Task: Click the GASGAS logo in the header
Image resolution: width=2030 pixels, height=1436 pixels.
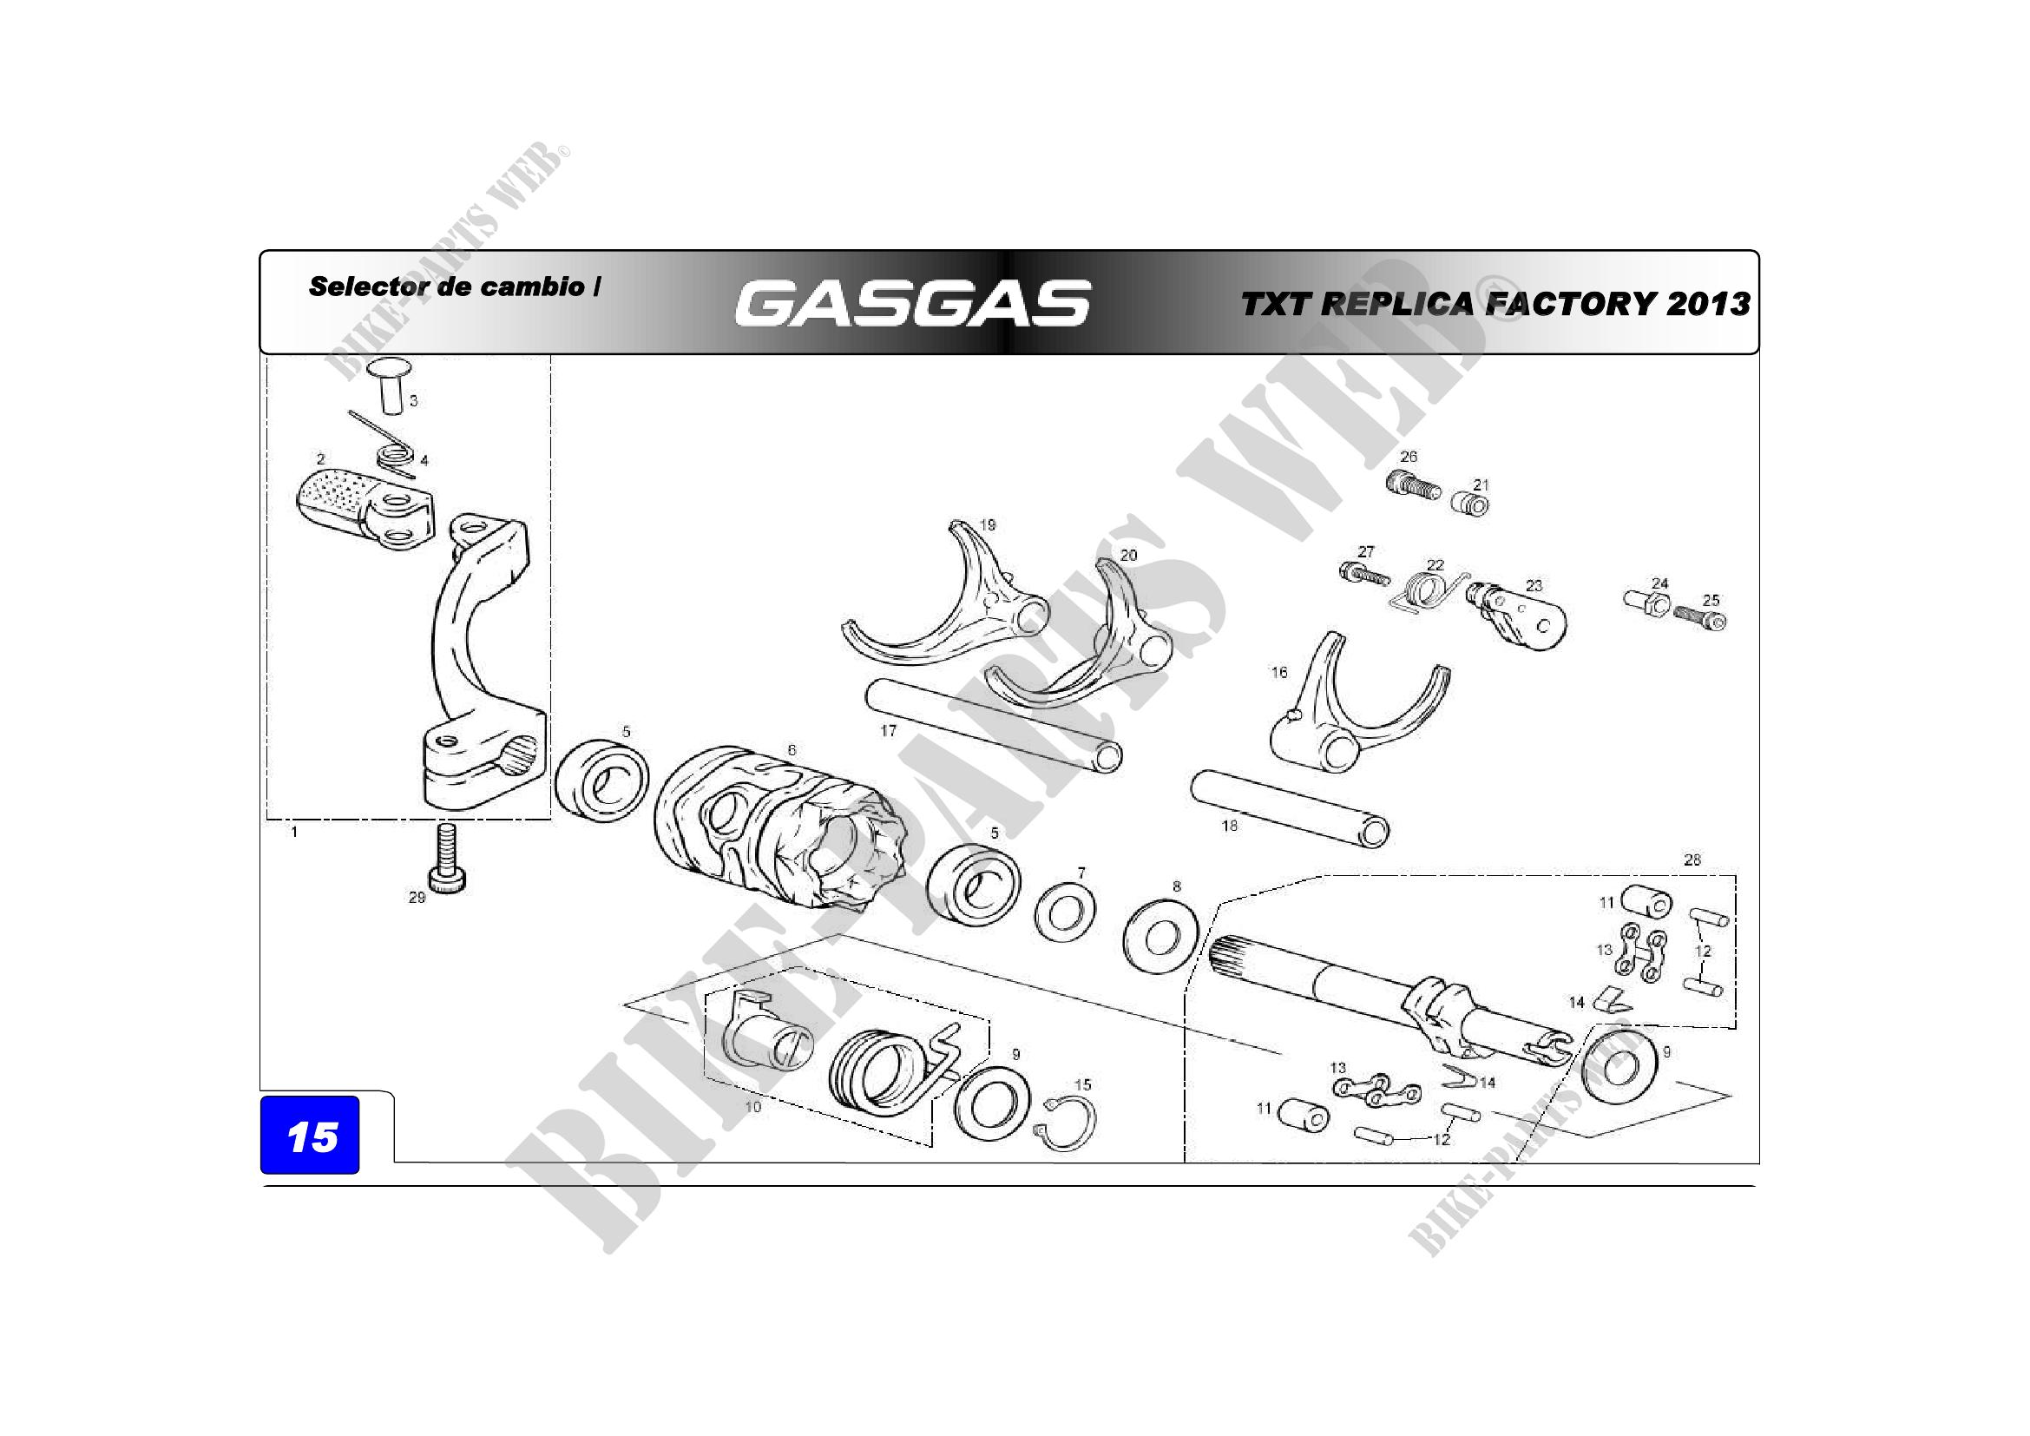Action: (x=912, y=303)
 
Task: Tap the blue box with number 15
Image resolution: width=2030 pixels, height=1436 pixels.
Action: (x=310, y=1136)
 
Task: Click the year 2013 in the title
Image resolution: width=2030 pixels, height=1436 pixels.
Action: (x=1708, y=304)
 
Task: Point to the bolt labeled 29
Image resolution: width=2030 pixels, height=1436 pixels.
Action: (x=447, y=857)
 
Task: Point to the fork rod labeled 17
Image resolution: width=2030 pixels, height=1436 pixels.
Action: (x=994, y=723)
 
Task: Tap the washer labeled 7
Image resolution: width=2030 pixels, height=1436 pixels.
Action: (x=1065, y=912)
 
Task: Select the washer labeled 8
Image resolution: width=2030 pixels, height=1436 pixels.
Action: (x=1160, y=936)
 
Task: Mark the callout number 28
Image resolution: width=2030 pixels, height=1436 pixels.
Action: (x=1692, y=860)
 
